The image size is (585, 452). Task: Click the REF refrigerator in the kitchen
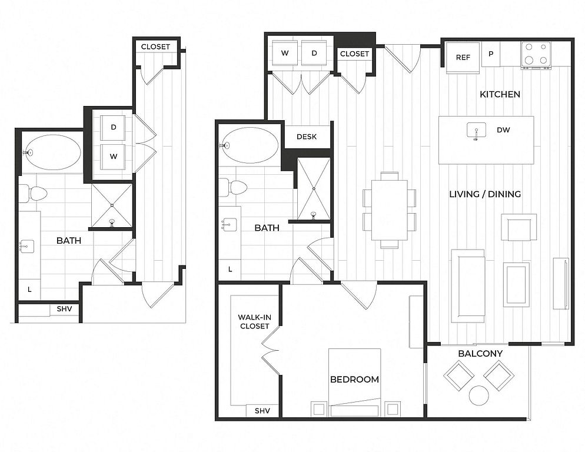click(463, 58)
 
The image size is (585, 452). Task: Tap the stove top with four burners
click(536, 55)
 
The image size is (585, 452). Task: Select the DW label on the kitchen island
click(503, 130)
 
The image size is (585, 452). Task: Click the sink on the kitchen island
click(477, 131)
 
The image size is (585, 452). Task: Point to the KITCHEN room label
click(500, 94)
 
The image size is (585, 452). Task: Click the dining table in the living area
click(390, 210)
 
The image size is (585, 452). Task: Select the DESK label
click(307, 137)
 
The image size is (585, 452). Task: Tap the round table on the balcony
click(479, 395)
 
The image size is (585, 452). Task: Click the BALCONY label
click(480, 354)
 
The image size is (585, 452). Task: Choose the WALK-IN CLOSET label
click(254, 322)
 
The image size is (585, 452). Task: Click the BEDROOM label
click(354, 380)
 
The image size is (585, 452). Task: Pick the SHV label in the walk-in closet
click(262, 411)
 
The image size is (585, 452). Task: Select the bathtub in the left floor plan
click(52, 152)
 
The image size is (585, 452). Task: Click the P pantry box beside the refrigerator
click(491, 54)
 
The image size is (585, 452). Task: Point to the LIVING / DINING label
click(485, 194)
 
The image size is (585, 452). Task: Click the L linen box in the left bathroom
click(29, 289)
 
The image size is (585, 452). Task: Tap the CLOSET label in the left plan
click(155, 46)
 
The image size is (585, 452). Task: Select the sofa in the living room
click(468, 286)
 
